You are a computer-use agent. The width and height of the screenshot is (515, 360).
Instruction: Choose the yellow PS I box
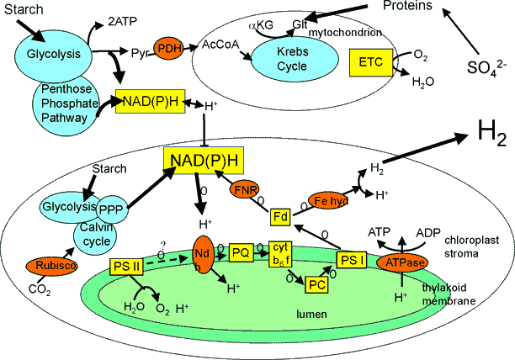point(352,261)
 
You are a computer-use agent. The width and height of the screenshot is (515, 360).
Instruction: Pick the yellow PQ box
point(241,251)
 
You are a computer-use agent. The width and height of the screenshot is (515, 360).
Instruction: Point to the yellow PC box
point(316,284)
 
